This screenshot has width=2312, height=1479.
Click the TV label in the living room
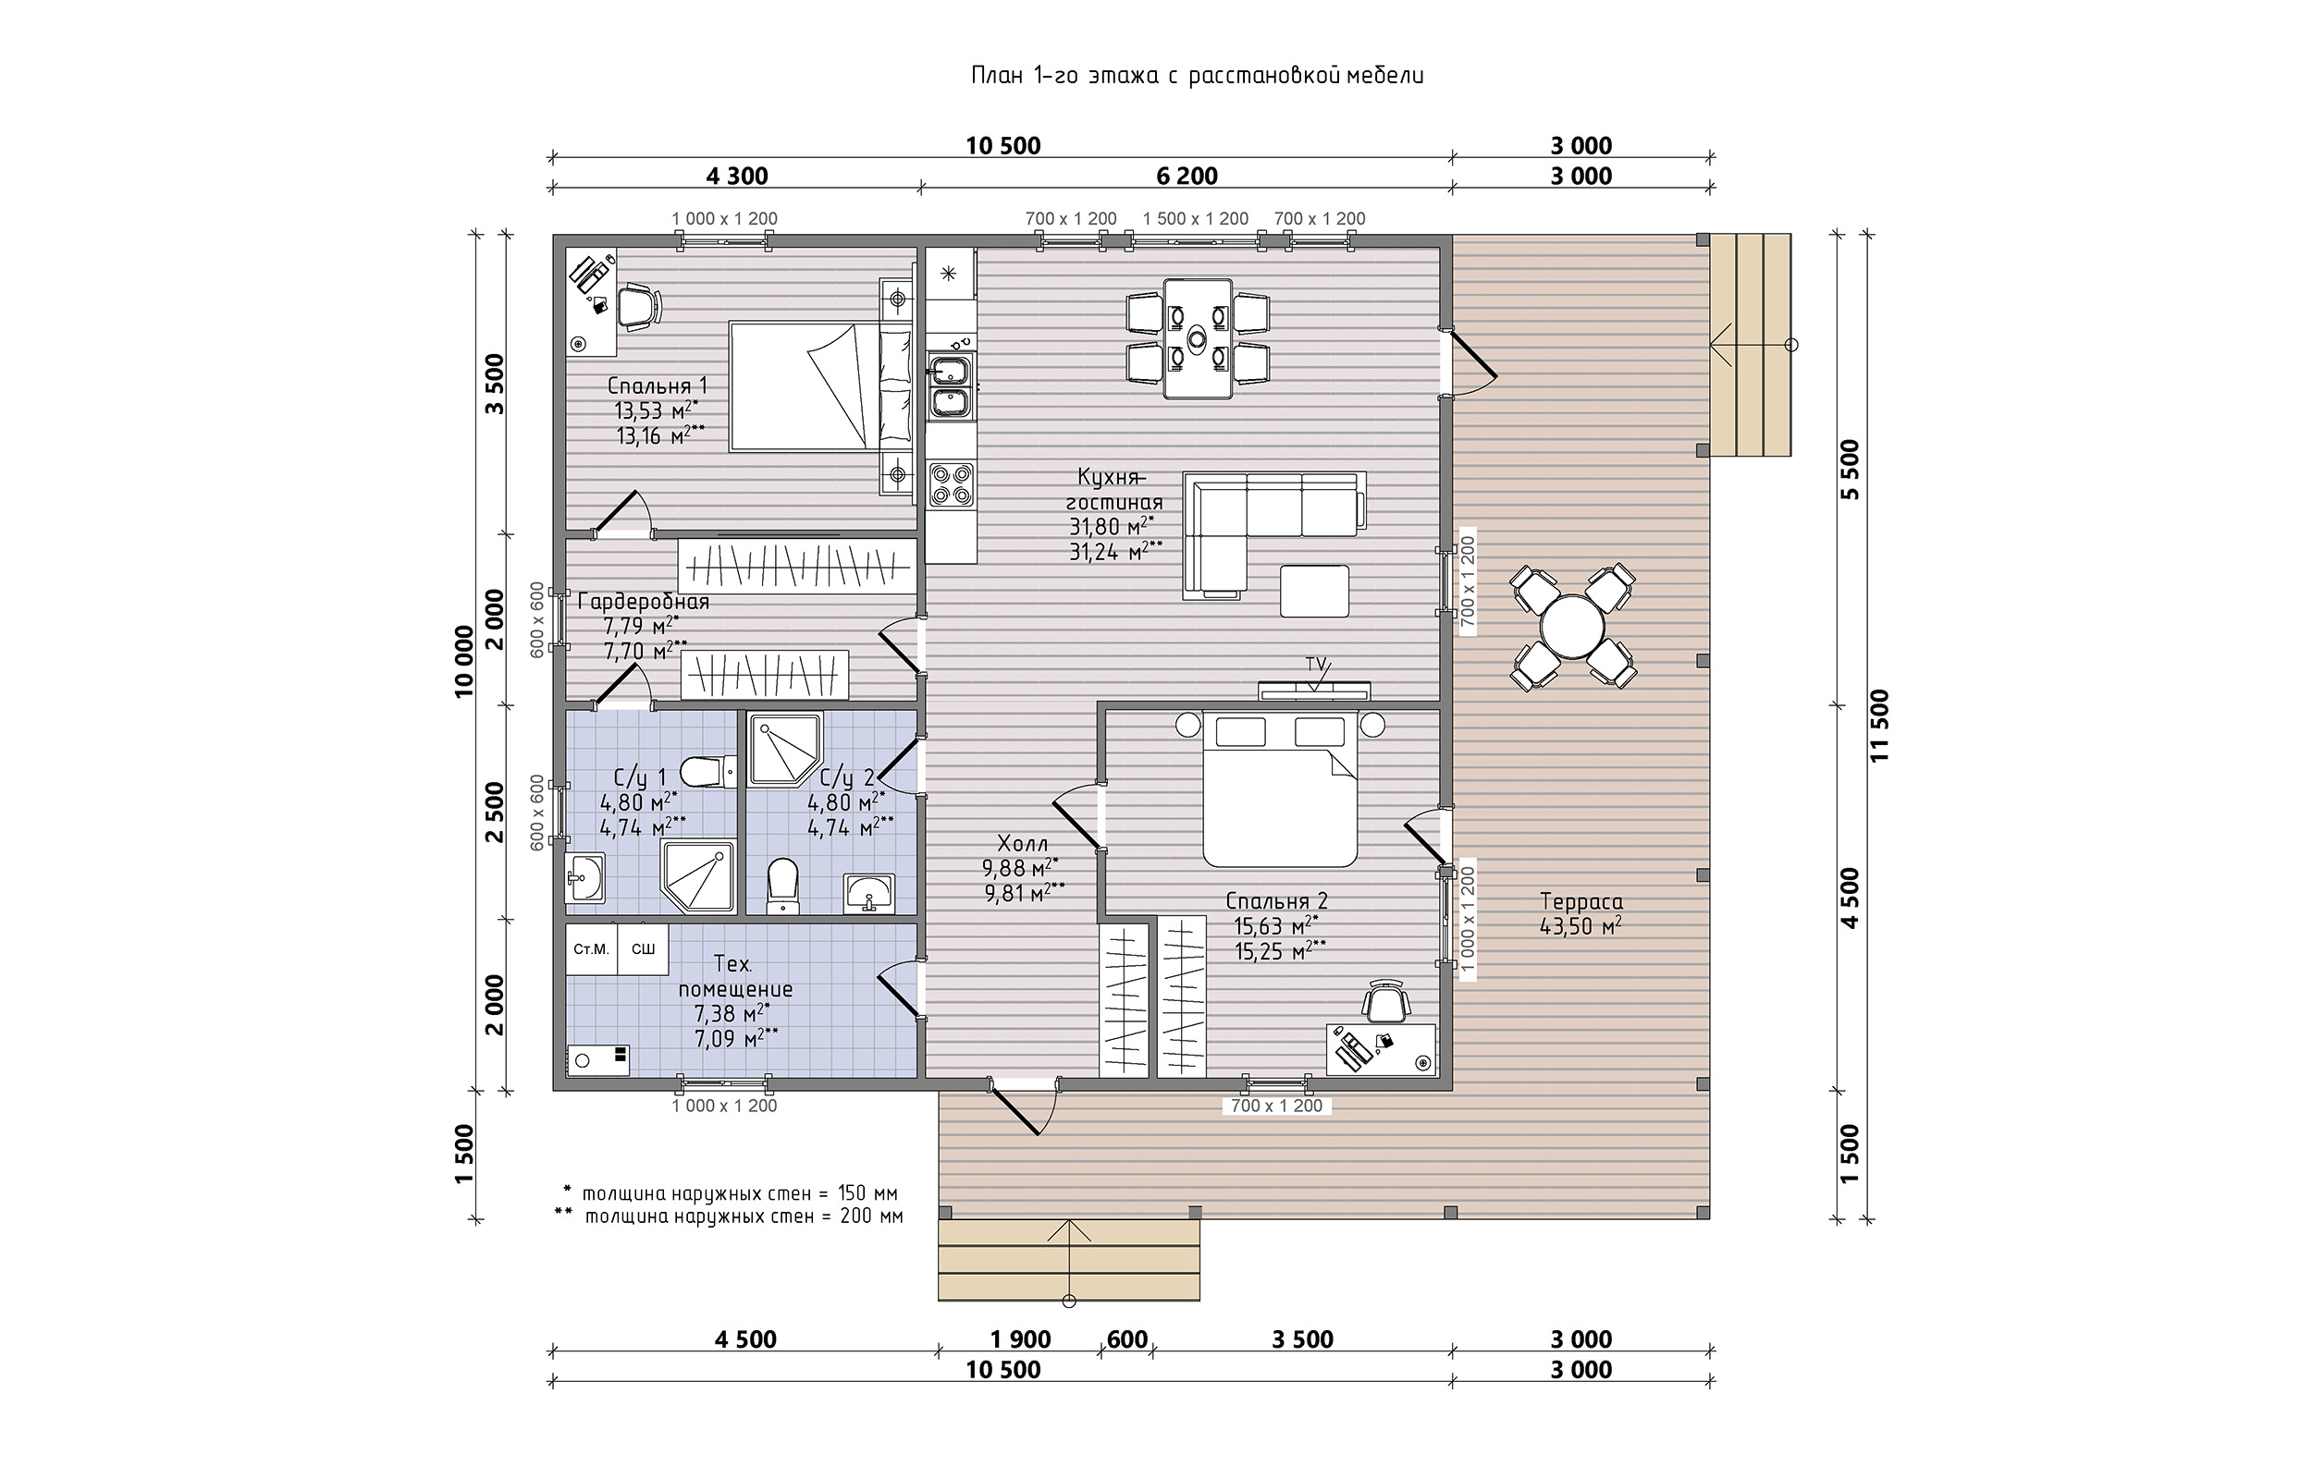pos(1315,664)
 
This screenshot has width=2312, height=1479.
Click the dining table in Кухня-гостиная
pos(1198,338)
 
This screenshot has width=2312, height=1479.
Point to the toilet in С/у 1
pos(707,771)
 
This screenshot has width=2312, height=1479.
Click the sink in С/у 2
pos(868,893)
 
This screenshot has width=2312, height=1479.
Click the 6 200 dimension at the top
pos(1187,176)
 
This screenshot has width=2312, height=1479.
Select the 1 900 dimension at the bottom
pos(1020,1338)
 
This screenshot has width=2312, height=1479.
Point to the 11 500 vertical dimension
pos(1880,726)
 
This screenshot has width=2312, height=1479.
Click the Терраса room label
pos(1581,902)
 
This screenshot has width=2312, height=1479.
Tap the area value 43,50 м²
pos(1581,927)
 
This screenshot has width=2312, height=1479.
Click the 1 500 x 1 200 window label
pos(1195,219)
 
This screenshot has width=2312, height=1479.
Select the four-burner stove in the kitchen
pos(951,484)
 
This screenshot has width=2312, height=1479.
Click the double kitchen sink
pos(951,387)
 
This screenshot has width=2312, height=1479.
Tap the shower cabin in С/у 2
pos(785,749)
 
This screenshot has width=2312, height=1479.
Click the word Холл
pos(1023,844)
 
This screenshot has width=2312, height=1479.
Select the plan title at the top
pos(1197,75)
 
